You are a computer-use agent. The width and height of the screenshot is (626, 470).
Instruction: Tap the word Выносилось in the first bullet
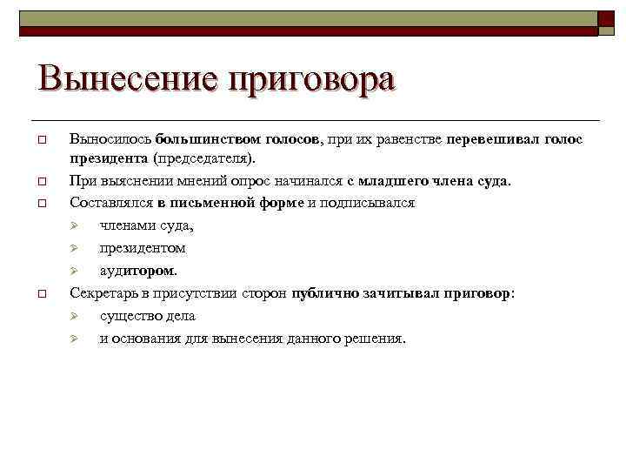[x=111, y=139]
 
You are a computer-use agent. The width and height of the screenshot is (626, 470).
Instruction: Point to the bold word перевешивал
[x=493, y=139]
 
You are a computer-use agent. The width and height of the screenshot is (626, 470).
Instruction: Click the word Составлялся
[x=111, y=203]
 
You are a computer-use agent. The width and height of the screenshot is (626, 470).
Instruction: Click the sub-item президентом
[x=143, y=248]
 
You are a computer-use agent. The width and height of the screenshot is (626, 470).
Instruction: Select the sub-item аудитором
[x=138, y=271]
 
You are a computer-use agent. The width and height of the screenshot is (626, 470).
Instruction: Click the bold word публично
[x=324, y=293]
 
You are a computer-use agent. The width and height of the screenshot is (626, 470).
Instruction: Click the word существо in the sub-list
[x=129, y=316]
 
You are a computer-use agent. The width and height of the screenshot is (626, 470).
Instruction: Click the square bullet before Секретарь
[x=41, y=294]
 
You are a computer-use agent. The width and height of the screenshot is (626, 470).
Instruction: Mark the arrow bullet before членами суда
[x=76, y=226]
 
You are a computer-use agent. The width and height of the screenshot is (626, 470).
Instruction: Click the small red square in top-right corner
[x=605, y=18]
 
